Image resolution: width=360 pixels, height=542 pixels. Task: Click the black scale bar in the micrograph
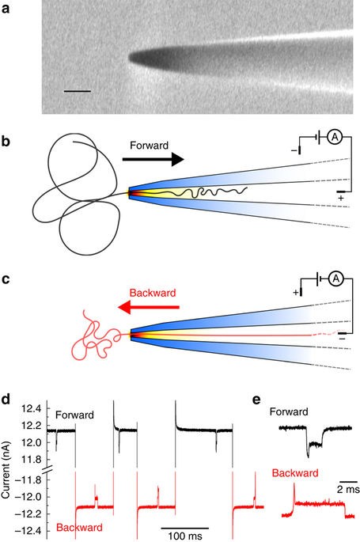77,92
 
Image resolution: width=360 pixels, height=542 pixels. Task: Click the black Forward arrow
153,160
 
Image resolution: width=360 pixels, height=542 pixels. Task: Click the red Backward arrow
150,305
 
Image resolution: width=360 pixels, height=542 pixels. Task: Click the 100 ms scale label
185,535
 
